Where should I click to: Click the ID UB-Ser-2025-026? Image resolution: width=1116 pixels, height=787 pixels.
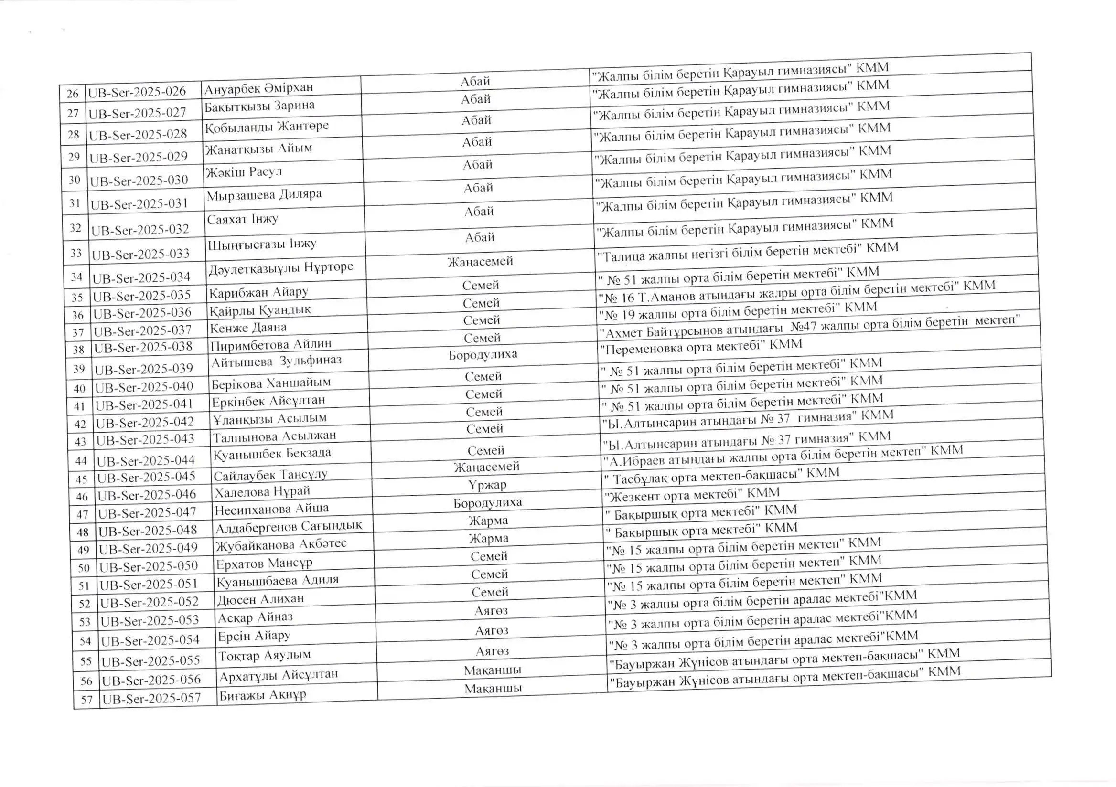click(137, 92)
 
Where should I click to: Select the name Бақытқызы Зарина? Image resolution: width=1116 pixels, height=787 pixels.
click(259, 106)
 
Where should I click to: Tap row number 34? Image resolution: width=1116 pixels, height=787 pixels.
click(77, 277)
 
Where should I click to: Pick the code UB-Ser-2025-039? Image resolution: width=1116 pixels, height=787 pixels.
click(144, 369)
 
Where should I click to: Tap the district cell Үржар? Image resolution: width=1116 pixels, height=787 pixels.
click(487, 485)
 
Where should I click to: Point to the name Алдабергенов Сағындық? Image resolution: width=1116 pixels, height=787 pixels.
click(289, 527)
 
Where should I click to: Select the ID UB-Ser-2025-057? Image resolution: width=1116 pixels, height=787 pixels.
click(151, 699)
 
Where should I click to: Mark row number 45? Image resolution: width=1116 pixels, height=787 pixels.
click(81, 479)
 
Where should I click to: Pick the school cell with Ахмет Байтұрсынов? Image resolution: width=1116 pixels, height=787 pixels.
click(809, 327)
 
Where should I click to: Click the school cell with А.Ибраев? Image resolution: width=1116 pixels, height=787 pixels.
click(783, 456)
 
